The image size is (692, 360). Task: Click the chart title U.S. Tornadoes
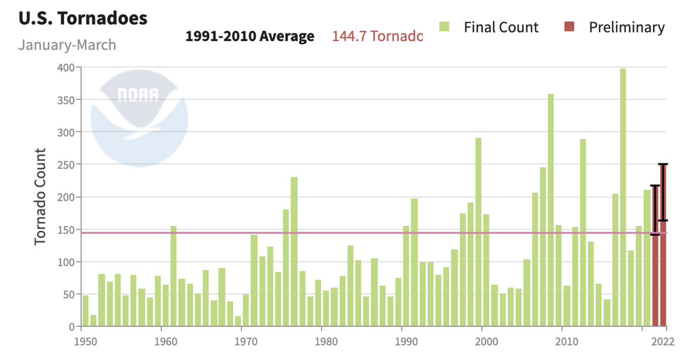click(83, 18)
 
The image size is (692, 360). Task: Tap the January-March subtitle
click(67, 45)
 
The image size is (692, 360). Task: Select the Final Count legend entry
click(489, 27)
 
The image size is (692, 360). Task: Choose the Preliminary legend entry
click(615, 27)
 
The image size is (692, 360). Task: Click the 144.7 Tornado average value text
click(377, 36)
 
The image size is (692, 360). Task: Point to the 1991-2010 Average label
click(250, 36)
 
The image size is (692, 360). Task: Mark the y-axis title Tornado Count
click(40, 196)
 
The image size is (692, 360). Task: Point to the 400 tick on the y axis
click(65, 67)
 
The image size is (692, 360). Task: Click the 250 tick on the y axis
click(65, 165)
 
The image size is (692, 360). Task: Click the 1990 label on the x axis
click(402, 341)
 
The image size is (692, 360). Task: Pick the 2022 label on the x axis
click(665, 341)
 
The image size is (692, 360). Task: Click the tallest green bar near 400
click(623, 198)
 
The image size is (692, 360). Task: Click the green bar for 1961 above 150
click(173, 277)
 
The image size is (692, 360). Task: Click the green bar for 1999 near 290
click(478, 232)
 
